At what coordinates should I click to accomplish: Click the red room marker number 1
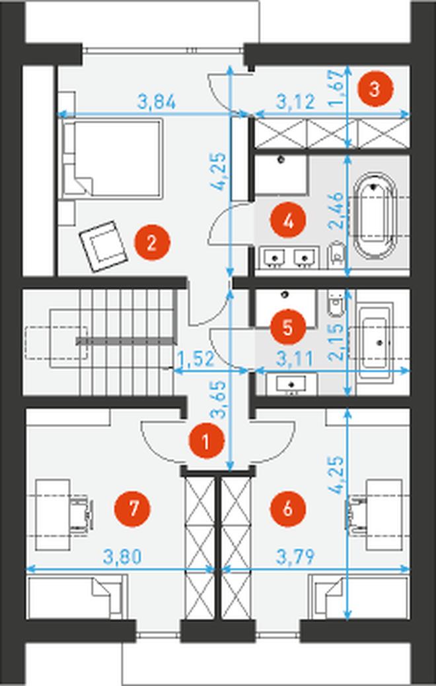point(206,441)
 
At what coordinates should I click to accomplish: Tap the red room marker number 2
point(152,242)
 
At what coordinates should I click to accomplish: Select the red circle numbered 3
point(375,90)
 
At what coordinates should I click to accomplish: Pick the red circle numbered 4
point(288,222)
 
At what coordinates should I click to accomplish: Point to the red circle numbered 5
point(288,327)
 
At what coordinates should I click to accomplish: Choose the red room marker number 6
point(288,509)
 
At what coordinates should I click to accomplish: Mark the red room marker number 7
point(132,509)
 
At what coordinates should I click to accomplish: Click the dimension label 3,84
point(157,102)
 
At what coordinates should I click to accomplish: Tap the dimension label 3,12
point(296,102)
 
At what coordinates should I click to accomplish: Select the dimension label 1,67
point(337,88)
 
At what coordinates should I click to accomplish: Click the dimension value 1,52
point(195,359)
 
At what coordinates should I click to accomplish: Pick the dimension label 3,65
point(219,399)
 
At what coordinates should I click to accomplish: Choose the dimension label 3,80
point(122,557)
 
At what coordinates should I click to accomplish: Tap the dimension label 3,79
point(296,557)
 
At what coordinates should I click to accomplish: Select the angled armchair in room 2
point(104,246)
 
